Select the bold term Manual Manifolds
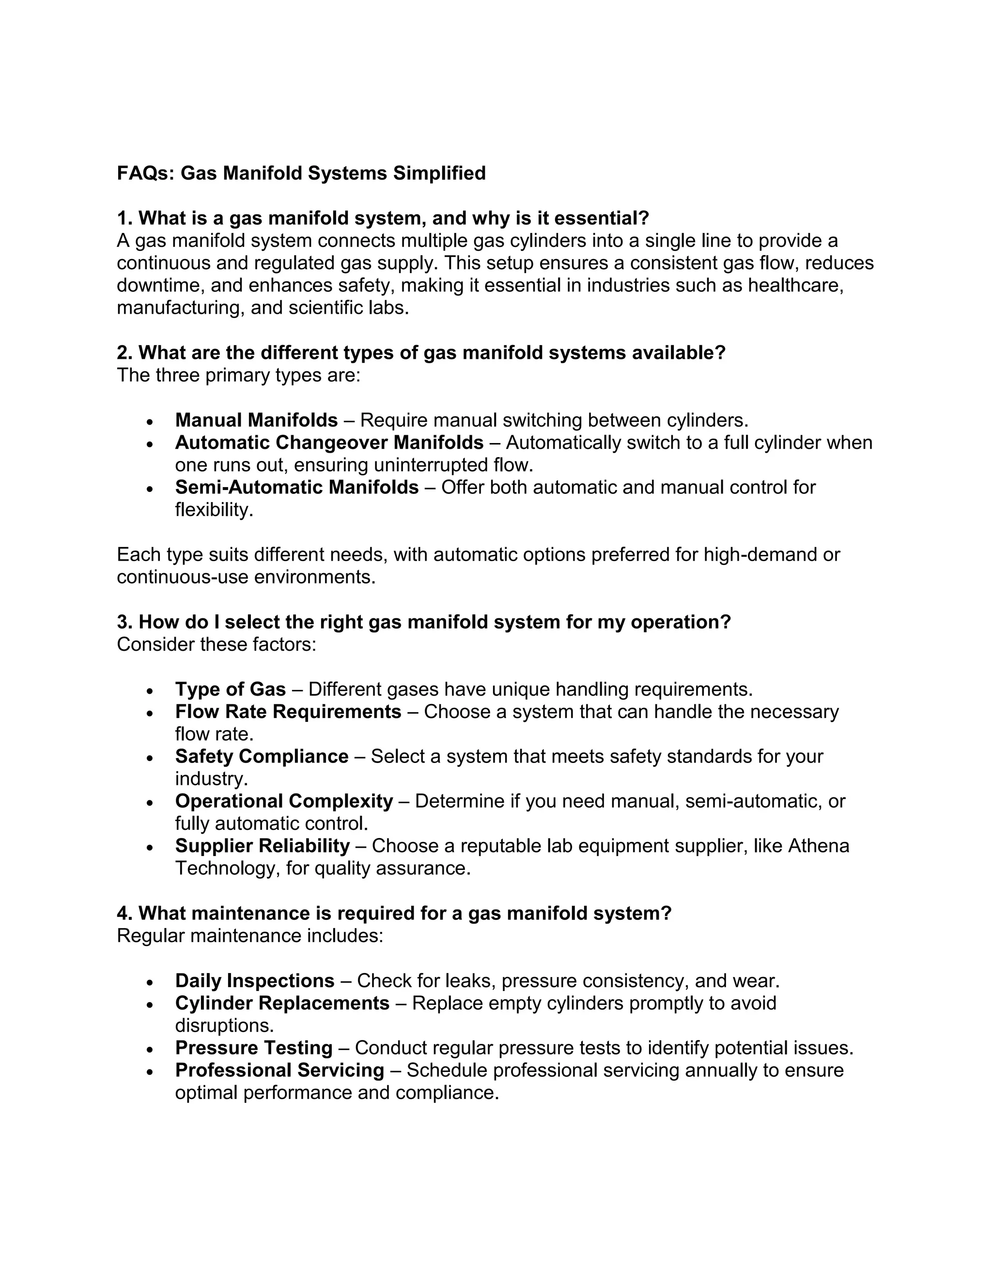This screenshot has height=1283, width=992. click(256, 420)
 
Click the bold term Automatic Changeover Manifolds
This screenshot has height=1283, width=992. click(329, 443)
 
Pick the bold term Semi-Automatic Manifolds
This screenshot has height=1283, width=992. click(297, 487)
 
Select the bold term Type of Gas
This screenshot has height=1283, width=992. click(231, 688)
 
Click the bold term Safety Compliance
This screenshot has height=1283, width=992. click(262, 756)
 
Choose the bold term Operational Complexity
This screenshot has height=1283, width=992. click(284, 801)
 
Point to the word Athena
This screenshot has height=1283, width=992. click(818, 846)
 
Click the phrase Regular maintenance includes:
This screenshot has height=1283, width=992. click(250, 935)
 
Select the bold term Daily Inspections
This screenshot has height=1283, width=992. click(254, 980)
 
